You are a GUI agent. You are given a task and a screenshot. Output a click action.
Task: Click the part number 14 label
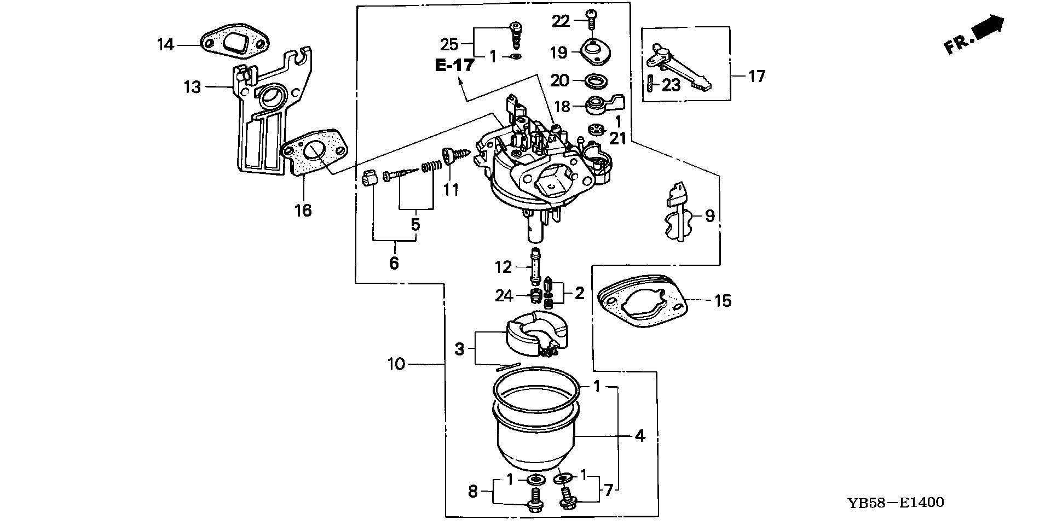click(x=165, y=44)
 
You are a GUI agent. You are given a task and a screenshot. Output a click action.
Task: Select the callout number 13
click(x=192, y=87)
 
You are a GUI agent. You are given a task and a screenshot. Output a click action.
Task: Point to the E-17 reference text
click(x=454, y=66)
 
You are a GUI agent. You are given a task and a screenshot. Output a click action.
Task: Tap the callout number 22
click(x=561, y=21)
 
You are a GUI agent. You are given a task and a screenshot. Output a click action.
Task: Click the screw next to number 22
click(x=590, y=19)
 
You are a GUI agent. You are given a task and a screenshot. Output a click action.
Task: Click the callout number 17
click(x=757, y=76)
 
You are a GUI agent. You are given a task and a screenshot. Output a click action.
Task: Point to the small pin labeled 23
click(x=650, y=85)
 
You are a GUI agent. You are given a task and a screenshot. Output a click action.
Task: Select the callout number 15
click(x=723, y=301)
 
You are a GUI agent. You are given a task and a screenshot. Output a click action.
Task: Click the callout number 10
click(x=396, y=364)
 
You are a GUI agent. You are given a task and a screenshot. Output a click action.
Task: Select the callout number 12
click(x=503, y=267)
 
